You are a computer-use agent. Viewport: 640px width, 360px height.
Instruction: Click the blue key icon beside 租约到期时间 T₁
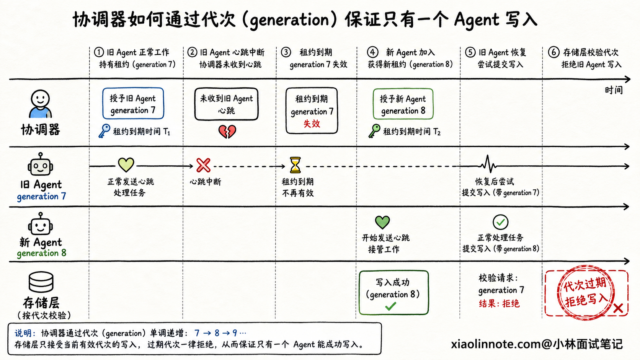click(104, 131)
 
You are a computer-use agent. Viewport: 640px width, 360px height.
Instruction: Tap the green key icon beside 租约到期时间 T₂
click(374, 131)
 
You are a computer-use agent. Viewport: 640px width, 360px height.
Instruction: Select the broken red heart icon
click(227, 131)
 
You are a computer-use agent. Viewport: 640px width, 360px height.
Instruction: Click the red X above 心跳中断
click(203, 165)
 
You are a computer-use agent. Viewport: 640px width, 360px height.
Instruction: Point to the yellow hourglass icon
click(295, 165)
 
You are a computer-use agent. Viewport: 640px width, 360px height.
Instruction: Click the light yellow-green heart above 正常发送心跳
click(126, 165)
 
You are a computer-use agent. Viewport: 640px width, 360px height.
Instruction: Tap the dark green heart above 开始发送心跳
click(382, 222)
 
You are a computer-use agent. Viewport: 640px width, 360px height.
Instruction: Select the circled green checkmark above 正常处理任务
click(500, 222)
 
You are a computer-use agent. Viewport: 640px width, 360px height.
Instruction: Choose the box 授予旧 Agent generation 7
click(133, 103)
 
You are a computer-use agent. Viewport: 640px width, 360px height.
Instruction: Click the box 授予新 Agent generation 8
click(403, 104)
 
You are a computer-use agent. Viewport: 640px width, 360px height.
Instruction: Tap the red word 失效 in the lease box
click(312, 124)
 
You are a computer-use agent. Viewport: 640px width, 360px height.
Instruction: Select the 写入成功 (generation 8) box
click(394, 293)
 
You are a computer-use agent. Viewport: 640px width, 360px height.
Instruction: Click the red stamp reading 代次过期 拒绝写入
click(585, 293)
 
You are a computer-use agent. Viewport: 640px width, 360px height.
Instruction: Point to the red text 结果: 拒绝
click(499, 303)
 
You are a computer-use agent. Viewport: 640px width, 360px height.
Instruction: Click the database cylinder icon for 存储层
click(41, 281)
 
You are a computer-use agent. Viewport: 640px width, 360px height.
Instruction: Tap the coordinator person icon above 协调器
click(40, 104)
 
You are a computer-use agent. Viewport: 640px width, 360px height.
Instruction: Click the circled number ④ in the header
click(372, 52)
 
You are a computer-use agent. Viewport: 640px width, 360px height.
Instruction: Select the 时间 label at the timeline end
click(614, 90)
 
